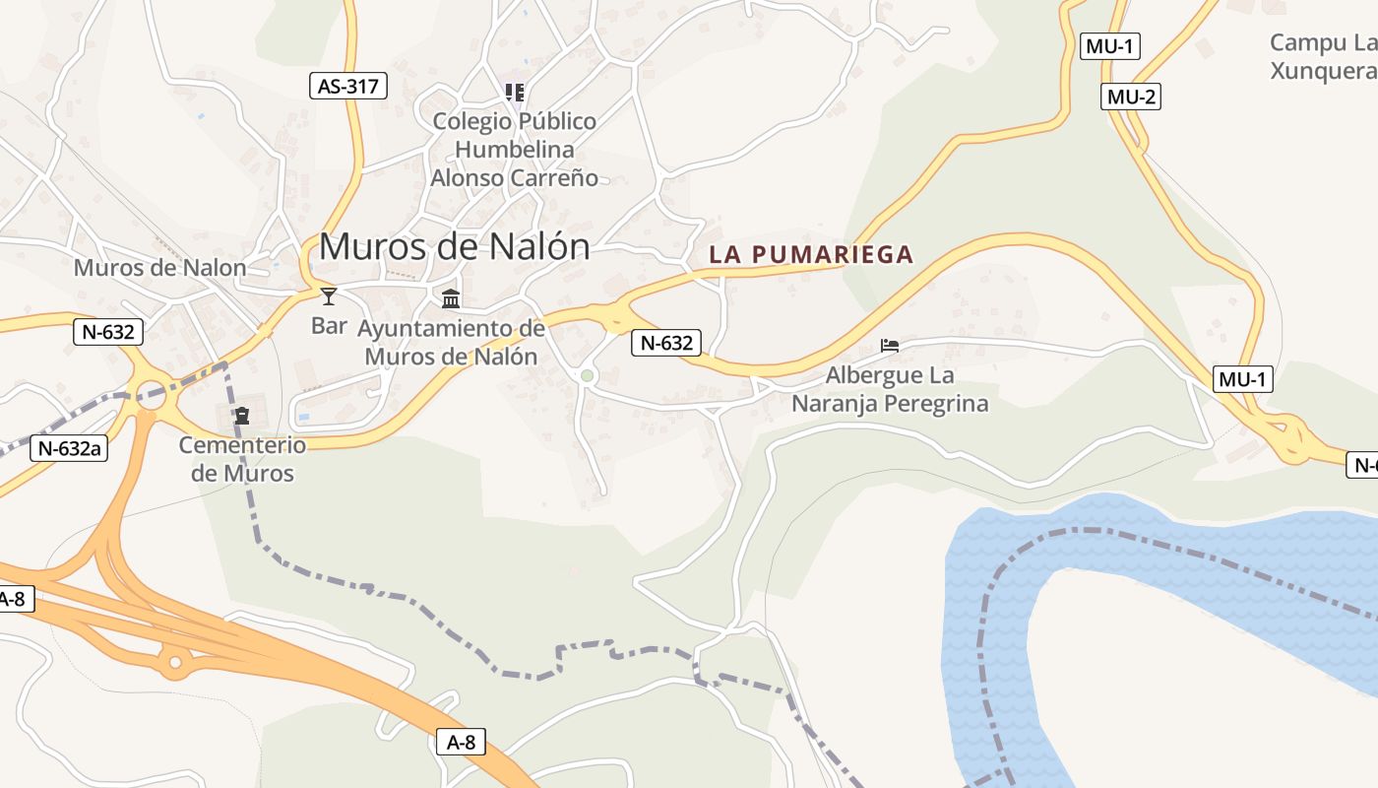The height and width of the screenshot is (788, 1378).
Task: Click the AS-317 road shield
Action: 347,86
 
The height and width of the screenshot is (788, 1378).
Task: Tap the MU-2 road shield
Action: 1131,97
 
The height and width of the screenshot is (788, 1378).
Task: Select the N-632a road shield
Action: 70,448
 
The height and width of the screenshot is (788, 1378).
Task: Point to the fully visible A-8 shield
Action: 461,742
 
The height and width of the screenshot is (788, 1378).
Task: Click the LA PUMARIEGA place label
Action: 811,255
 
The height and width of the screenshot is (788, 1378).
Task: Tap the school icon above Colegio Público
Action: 514,93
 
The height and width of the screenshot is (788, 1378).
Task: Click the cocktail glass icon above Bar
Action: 329,295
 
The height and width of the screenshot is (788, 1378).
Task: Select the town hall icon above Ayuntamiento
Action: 451,298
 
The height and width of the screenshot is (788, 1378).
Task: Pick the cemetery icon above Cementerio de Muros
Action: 242,416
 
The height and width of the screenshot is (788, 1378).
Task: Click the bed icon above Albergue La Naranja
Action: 890,346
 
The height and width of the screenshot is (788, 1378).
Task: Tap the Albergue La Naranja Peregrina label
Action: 890,389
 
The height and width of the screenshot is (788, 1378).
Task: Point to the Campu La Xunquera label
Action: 1322,56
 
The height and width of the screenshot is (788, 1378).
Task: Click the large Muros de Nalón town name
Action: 455,246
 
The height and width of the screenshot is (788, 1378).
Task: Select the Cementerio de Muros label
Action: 242,459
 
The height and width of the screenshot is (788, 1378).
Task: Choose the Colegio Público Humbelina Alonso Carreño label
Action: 514,150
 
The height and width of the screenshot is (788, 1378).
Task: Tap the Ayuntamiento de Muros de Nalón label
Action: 451,342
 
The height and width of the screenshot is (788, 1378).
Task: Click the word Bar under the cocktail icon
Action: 329,325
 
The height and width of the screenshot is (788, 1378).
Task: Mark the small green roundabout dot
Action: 588,375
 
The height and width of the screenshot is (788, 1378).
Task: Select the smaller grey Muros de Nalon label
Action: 159,267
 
